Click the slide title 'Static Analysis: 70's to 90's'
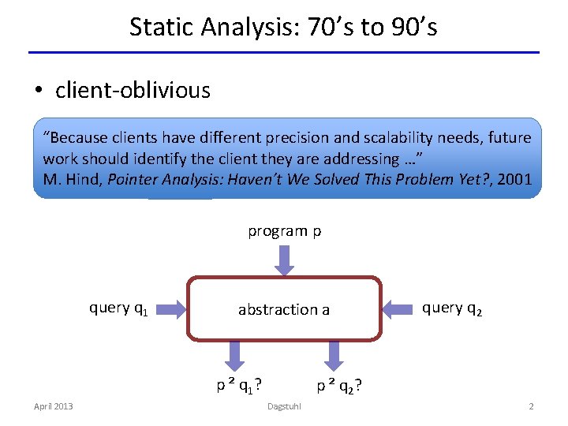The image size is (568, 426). coord(283,28)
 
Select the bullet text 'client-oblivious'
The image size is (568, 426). coord(133,91)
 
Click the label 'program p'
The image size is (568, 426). coord(284,231)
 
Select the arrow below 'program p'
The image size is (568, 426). coord(284,259)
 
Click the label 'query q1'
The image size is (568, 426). coord(120,308)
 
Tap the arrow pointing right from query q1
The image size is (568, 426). coord(170,308)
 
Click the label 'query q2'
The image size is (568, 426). coord(451,308)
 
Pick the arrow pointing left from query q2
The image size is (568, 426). coord(398,308)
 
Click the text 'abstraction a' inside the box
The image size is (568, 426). coord(284,309)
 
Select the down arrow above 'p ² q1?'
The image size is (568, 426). coord(235,355)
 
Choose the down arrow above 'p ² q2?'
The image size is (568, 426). coord(334,355)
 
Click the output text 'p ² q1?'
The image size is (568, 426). coord(240,385)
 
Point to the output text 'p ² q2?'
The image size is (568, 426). coord(339,386)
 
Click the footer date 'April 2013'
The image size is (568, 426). coord(54,406)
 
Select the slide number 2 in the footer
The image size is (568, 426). coord(531,406)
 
